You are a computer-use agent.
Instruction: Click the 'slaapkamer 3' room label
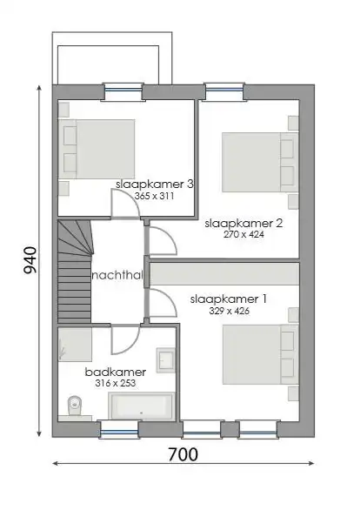154,185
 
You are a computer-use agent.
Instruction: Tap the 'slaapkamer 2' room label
243,223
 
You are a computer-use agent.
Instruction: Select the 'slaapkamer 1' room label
230,299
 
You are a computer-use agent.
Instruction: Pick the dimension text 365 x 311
154,197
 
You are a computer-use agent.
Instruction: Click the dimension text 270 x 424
243,234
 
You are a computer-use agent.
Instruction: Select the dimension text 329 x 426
230,310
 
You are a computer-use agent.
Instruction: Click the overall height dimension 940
29,260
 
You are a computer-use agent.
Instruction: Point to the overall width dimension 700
183,453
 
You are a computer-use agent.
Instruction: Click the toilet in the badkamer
76,403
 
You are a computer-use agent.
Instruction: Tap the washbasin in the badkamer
165,359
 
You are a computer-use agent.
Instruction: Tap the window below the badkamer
119,428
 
